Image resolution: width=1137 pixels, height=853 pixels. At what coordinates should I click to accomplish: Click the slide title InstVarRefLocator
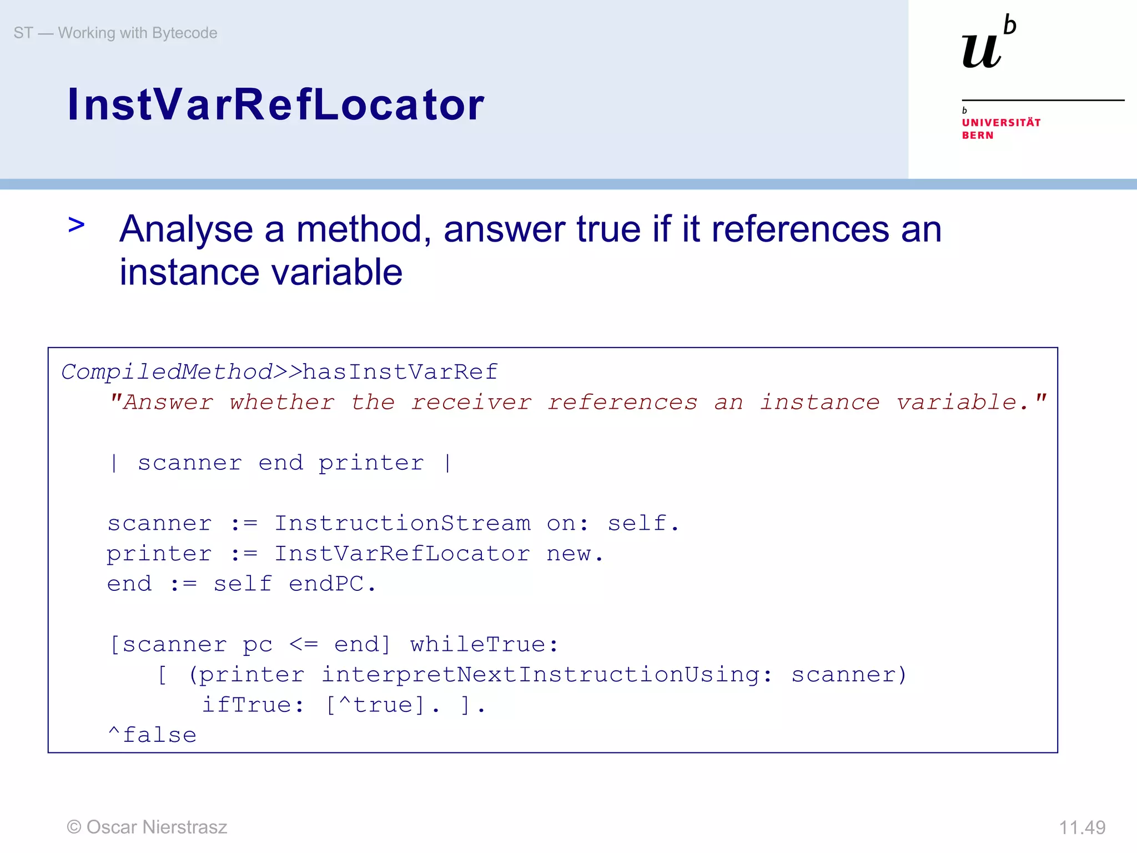276,104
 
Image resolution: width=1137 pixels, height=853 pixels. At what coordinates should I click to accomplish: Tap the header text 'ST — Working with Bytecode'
115,33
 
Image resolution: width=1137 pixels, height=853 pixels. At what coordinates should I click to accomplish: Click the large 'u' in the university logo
982,51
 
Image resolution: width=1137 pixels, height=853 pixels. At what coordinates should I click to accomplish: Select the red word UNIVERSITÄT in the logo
1001,123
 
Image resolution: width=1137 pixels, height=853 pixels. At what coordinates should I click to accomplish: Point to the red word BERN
977,136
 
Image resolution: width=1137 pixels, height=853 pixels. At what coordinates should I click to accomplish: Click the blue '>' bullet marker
77,225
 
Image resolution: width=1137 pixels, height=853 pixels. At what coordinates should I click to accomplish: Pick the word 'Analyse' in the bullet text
186,229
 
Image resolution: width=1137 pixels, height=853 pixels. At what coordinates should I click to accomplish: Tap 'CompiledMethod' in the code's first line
167,372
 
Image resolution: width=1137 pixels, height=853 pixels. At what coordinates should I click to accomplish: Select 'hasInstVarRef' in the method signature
400,372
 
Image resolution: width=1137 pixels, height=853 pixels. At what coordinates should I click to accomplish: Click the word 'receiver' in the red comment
471,403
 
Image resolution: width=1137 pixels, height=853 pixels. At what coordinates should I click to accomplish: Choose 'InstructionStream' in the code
403,524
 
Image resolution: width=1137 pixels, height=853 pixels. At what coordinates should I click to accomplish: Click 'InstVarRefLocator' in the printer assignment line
403,554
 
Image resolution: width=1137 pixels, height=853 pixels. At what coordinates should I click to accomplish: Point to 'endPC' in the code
326,584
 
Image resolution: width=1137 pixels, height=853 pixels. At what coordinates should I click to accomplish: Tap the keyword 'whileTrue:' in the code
484,645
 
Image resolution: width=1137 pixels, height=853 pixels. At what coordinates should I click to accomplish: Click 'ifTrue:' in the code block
253,705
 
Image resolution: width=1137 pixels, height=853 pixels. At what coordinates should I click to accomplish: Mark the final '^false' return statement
152,735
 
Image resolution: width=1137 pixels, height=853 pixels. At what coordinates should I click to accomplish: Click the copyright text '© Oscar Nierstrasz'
147,827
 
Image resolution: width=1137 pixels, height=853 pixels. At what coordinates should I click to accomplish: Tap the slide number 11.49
1082,827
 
